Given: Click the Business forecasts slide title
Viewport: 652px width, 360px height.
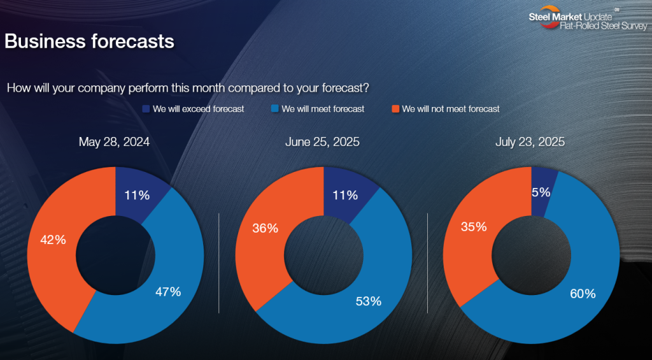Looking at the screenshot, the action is click(x=89, y=42).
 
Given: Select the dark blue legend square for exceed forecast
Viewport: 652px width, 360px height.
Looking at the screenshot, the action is click(x=146, y=109).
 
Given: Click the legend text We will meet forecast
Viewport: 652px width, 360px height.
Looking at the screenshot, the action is click(x=323, y=109).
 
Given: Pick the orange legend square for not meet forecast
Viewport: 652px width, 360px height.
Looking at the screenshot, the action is click(x=395, y=109).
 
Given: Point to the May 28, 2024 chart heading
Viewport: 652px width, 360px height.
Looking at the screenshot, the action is click(x=115, y=142).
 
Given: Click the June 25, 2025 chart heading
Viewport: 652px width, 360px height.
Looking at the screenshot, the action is click(x=322, y=142).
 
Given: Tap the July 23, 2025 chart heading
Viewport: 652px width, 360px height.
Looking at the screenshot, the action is click(x=530, y=142).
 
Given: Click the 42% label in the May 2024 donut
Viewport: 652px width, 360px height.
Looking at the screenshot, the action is click(x=53, y=240).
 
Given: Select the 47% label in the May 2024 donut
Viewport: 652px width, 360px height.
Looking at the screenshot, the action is click(x=168, y=292).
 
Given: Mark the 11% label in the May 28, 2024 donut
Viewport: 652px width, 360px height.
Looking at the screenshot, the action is click(x=137, y=195).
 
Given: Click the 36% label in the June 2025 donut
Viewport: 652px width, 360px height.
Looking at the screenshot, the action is click(x=266, y=229).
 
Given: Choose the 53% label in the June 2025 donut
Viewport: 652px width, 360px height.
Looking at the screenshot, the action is click(x=369, y=301).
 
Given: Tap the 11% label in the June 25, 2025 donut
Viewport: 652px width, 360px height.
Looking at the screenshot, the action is click(x=345, y=195).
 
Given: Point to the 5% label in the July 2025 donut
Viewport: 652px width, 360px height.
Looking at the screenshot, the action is click(x=541, y=192).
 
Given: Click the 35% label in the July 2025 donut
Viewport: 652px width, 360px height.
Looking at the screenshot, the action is click(x=474, y=227).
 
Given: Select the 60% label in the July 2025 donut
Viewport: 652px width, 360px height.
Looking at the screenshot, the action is click(x=583, y=294).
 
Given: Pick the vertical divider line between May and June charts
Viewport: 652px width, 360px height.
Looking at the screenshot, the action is click(x=219, y=263).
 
